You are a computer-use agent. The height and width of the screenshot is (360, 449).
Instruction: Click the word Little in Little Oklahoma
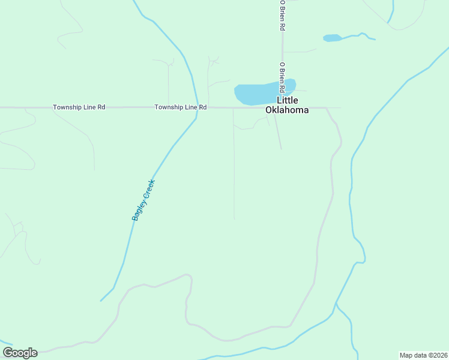click(x=288, y=100)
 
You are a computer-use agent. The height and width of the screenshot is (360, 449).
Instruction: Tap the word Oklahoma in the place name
click(x=288, y=110)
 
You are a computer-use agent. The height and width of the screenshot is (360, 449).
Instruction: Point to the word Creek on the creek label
click(x=149, y=187)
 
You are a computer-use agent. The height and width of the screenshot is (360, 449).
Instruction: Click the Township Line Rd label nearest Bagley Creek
click(x=181, y=107)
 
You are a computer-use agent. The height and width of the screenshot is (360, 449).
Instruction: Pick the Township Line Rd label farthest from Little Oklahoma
click(x=79, y=107)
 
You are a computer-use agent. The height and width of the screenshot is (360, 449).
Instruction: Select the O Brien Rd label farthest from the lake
click(x=282, y=16)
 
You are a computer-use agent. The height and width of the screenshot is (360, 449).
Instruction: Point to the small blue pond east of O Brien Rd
click(x=332, y=38)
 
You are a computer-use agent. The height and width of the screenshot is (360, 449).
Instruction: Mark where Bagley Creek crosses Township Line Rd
click(x=197, y=108)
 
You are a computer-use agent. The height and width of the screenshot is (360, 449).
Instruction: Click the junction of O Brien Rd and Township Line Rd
click(x=282, y=108)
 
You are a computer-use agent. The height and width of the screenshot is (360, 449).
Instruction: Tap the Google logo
click(x=20, y=353)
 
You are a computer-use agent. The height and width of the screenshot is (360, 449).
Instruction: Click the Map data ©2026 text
click(x=423, y=355)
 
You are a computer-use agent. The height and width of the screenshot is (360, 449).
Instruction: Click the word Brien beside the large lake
click(x=282, y=76)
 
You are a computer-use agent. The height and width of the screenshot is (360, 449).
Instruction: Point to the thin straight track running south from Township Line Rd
click(x=234, y=168)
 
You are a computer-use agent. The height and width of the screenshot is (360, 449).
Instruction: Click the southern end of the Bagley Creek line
click(x=101, y=301)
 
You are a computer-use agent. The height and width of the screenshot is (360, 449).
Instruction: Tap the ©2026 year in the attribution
click(x=436, y=355)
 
